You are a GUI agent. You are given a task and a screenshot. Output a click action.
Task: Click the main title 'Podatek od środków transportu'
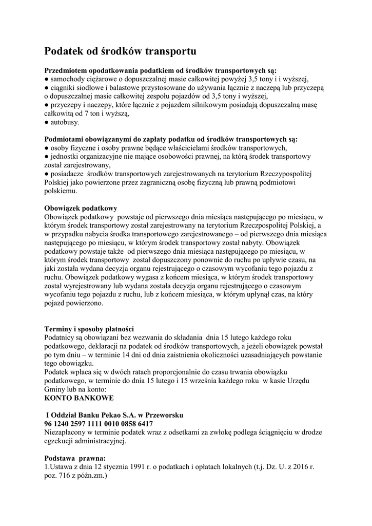[x=120, y=51]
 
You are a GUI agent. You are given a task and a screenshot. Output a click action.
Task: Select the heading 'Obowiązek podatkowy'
[x=81, y=208]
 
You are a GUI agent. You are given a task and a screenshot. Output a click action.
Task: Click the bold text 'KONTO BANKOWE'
[x=79, y=398]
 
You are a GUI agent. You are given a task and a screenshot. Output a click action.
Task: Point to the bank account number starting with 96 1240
[x=99, y=423]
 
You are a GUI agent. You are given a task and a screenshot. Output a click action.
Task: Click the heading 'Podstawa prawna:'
[x=75, y=458]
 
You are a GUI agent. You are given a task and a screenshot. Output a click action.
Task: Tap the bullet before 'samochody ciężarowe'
[x=46, y=79]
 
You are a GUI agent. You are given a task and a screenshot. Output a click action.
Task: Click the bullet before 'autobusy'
[x=46, y=123]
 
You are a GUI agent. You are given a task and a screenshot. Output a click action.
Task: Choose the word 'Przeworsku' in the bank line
[x=163, y=415]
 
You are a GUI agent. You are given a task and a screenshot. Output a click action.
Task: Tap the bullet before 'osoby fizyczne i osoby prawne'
[x=46, y=148]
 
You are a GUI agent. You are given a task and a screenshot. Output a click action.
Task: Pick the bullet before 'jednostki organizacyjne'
[x=46, y=157]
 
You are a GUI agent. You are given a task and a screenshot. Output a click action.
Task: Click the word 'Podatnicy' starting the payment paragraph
[x=62, y=337]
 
